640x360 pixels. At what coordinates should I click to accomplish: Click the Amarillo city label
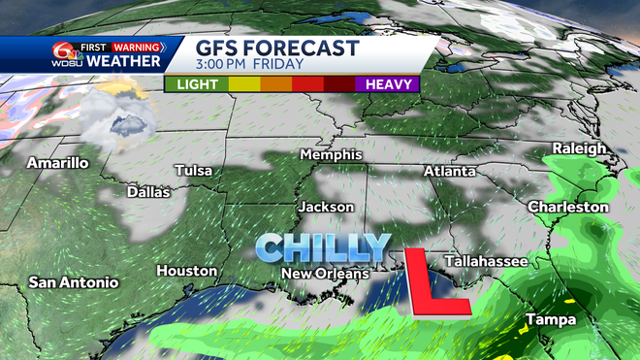click(x=58, y=163)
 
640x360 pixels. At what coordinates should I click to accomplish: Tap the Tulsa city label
click(x=192, y=171)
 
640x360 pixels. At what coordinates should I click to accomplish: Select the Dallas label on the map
click(x=148, y=192)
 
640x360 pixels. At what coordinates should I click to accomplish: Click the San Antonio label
click(x=73, y=282)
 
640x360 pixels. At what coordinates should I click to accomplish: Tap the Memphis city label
click(x=331, y=155)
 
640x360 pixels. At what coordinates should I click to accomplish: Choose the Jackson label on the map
click(x=326, y=207)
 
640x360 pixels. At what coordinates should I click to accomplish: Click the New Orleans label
click(x=326, y=274)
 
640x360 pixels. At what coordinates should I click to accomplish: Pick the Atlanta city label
click(x=450, y=171)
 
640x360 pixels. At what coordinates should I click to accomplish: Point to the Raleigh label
click(x=579, y=148)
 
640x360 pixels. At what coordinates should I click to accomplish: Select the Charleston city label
click(x=568, y=207)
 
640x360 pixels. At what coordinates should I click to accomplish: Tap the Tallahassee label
click(x=486, y=262)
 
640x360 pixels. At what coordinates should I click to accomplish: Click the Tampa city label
click(x=551, y=319)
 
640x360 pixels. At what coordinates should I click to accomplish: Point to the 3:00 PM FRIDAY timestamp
click(x=247, y=64)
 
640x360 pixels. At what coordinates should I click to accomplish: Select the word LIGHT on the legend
click(x=197, y=84)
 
